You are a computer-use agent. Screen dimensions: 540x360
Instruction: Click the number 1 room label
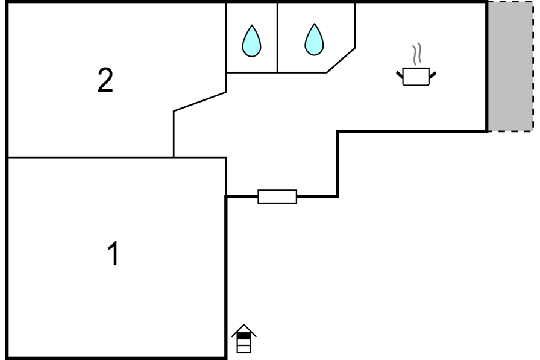(x=114, y=253)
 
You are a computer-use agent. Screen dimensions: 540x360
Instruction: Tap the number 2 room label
(x=105, y=80)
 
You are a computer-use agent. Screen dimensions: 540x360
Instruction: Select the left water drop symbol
(x=251, y=41)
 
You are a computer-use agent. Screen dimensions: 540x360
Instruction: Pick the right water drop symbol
(x=314, y=40)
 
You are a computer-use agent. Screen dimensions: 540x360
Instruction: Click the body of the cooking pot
(x=416, y=77)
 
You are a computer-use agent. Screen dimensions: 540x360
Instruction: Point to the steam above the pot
(x=417, y=54)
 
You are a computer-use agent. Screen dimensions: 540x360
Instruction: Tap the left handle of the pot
(x=400, y=75)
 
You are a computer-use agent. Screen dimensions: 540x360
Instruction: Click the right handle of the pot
(x=433, y=75)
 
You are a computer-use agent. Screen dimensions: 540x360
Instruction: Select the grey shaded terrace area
(x=510, y=66)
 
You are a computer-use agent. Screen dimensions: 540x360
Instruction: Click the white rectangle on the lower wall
(x=277, y=197)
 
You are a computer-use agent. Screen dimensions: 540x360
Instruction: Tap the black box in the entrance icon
(x=244, y=335)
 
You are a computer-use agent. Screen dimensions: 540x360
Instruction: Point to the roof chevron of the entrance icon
(x=244, y=330)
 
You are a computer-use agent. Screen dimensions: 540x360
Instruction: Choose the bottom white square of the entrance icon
(x=244, y=349)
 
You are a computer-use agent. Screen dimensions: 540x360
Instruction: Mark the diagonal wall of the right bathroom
(x=341, y=60)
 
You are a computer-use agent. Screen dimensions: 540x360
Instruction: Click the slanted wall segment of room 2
(x=199, y=102)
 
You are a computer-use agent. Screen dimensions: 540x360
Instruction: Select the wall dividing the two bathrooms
(x=277, y=37)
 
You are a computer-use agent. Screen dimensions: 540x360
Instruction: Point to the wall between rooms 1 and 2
(x=117, y=157)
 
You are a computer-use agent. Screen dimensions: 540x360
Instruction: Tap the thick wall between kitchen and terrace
(x=487, y=66)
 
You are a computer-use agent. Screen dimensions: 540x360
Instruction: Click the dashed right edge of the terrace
(x=533, y=66)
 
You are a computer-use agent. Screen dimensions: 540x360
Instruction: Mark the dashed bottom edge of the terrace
(x=510, y=131)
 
